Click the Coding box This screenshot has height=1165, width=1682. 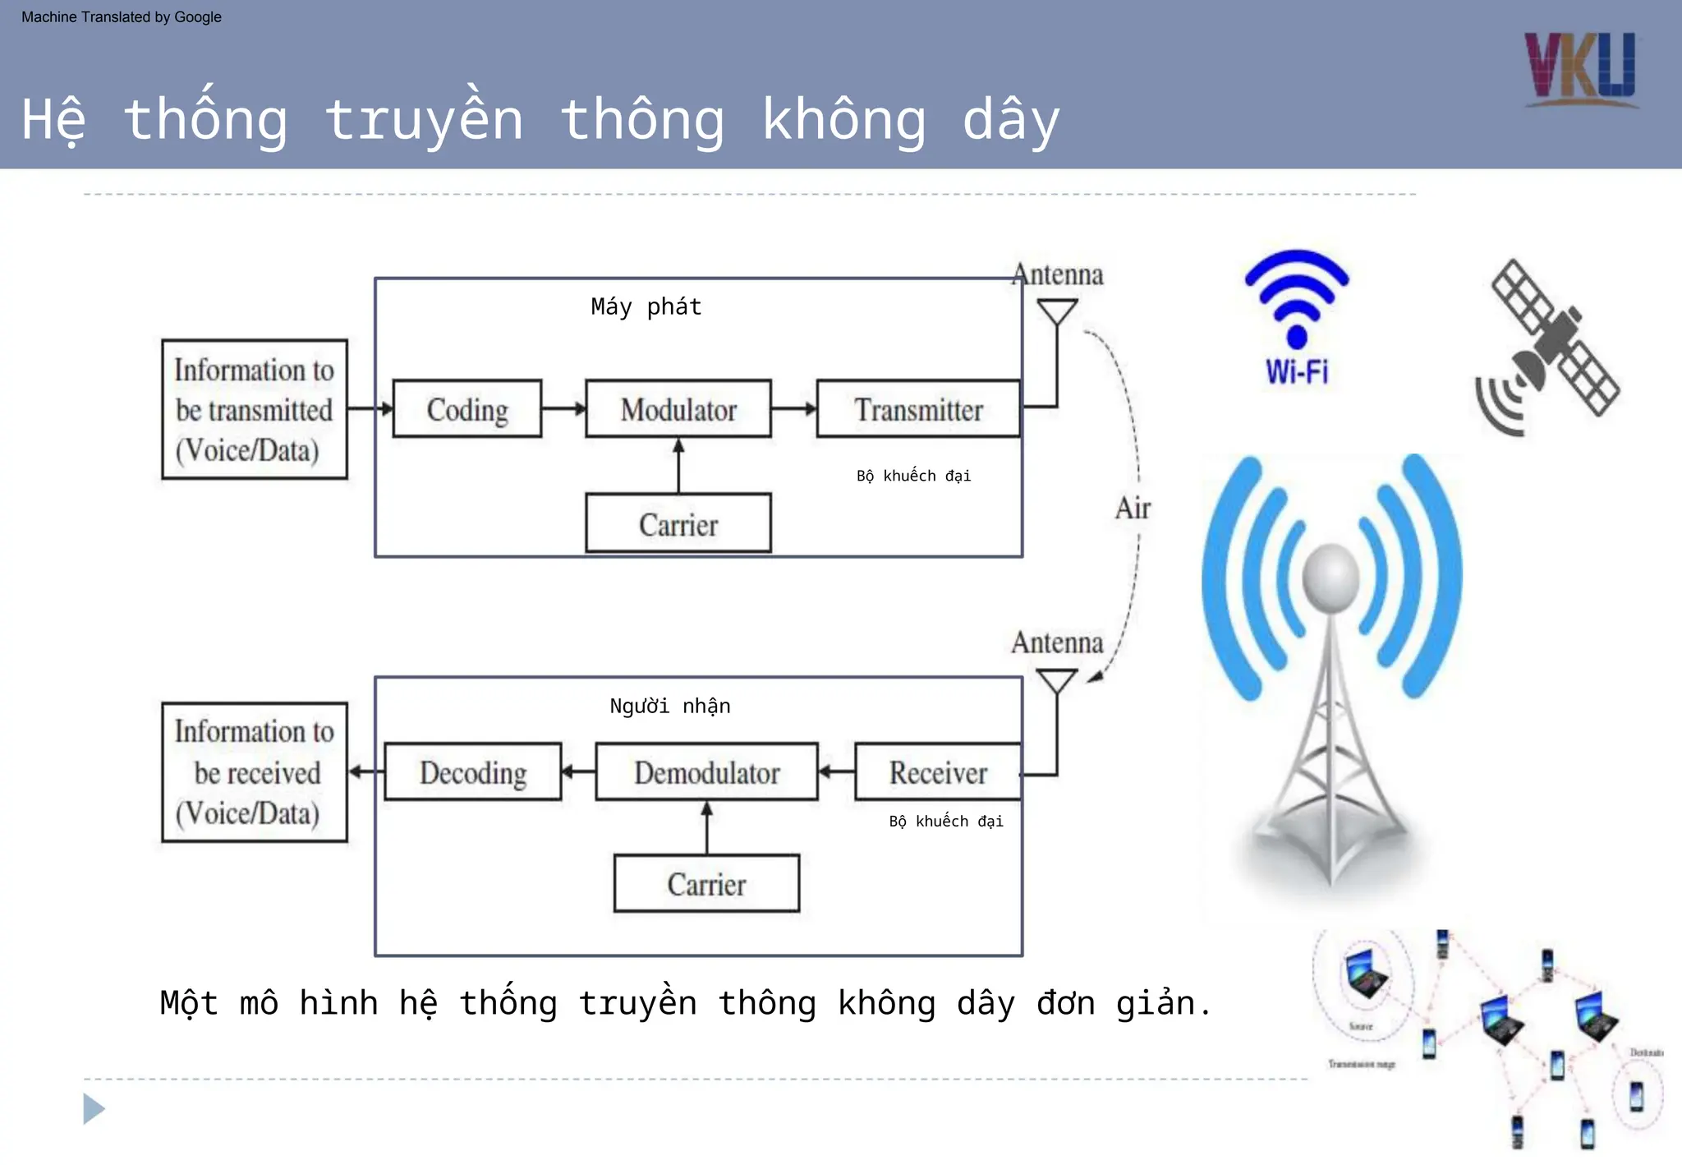[466, 408]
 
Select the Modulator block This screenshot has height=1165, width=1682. [678, 408]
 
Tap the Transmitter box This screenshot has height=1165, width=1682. [918, 408]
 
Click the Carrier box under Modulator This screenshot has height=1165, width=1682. [678, 523]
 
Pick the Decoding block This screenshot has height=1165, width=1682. [473, 771]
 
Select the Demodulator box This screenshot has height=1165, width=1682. [706, 771]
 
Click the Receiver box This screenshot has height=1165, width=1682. [938, 771]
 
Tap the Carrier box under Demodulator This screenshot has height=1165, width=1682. [706, 883]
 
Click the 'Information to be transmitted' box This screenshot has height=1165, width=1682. [255, 409]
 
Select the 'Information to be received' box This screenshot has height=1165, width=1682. [255, 771]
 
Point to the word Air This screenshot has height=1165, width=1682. [1133, 508]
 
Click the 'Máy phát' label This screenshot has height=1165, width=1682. [646, 307]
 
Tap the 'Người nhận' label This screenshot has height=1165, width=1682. [669, 706]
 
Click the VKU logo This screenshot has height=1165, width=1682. [1580, 69]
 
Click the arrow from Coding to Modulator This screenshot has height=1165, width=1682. [563, 408]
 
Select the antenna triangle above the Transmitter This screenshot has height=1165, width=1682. [1057, 311]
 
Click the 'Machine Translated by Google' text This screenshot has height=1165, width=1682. [122, 17]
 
